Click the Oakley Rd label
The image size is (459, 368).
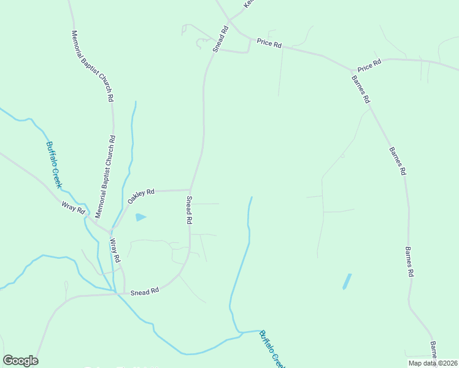pos(141,196)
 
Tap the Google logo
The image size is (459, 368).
pos(20,361)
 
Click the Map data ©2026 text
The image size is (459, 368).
pos(432,363)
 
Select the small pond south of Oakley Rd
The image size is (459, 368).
pos(141,217)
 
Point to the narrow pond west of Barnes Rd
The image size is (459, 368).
pos(347,282)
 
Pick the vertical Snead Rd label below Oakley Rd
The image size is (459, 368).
pos(190,210)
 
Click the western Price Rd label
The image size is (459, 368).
pos(269,44)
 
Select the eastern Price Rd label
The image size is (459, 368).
pos(369,63)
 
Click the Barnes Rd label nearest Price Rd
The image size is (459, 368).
pos(361,88)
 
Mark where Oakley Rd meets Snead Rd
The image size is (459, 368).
pos(190,190)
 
